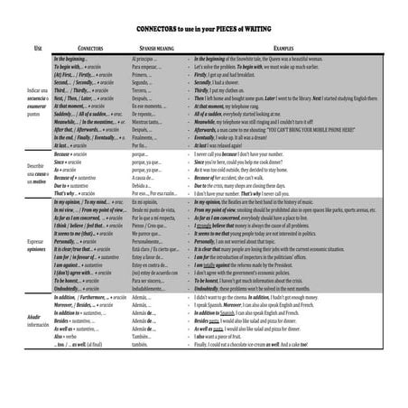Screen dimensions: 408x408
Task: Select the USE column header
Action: coord(37,45)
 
